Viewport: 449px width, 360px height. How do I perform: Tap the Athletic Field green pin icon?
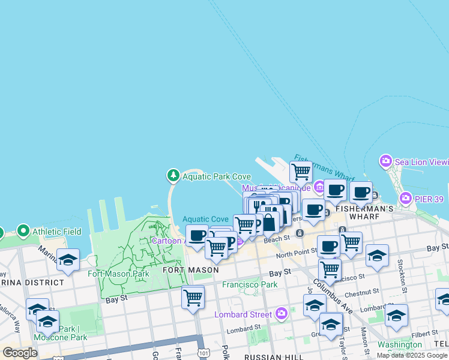23,231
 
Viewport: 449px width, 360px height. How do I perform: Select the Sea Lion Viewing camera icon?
385,161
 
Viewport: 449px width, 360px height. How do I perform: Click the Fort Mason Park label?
118,274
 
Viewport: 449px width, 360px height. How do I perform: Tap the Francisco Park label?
250,284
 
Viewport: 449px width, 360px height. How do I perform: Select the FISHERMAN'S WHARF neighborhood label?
364,209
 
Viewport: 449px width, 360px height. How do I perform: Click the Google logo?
20,353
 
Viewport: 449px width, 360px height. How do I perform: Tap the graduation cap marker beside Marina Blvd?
68,260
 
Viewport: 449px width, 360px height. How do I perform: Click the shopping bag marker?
270,222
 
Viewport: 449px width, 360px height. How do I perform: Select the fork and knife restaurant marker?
256,206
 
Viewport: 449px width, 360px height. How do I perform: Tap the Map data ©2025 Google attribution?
412,355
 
